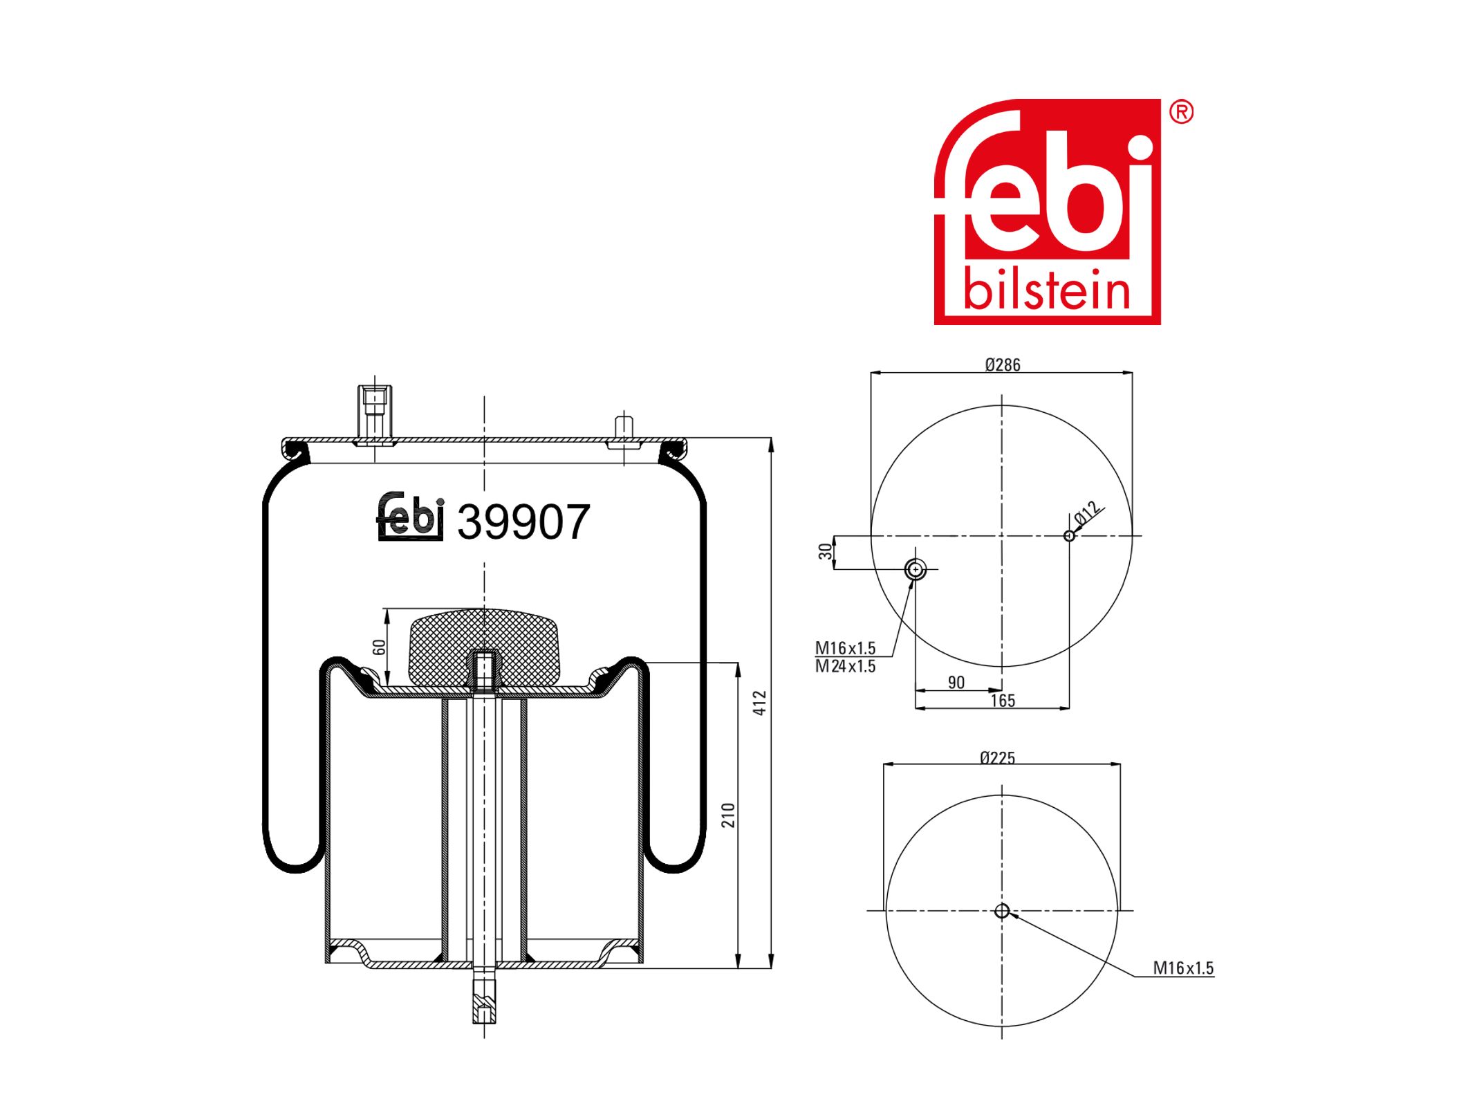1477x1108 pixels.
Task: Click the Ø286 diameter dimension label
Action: point(1002,364)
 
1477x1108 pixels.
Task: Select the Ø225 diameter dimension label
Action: point(997,758)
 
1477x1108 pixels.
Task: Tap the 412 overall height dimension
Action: point(759,703)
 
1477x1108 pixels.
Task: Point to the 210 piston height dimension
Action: point(727,815)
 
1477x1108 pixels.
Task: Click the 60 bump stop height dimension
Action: point(378,647)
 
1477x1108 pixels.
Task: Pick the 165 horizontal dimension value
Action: point(1002,701)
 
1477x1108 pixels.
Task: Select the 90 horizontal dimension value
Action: point(956,683)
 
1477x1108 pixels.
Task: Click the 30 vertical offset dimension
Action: point(825,551)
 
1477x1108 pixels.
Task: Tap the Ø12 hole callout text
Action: point(1087,513)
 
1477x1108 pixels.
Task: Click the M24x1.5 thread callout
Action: point(845,666)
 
